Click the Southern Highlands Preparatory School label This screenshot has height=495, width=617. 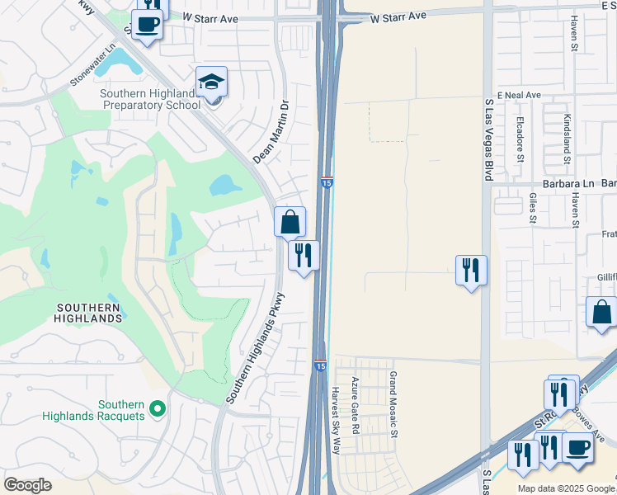(150, 99)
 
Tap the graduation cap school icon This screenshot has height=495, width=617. (211, 82)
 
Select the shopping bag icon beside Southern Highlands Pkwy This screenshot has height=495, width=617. (290, 221)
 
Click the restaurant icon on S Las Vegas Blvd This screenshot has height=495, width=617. (471, 269)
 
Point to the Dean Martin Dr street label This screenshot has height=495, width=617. (273, 132)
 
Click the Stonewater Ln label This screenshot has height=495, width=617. (92, 72)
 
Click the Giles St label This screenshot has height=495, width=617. (532, 209)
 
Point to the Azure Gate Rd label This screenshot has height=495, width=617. (356, 406)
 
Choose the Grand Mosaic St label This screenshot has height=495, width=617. (394, 404)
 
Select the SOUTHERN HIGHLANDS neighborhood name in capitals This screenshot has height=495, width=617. (89, 312)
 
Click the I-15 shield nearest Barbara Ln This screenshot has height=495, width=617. (327, 183)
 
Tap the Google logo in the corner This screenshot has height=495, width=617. (27, 484)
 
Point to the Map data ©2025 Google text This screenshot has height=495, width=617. (566, 488)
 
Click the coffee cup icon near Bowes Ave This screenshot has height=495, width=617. (577, 447)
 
